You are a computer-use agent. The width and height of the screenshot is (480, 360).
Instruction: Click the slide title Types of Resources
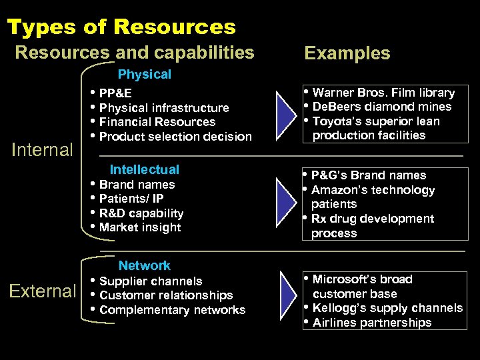click(x=121, y=27)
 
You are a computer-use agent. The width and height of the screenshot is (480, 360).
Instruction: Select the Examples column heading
click(x=347, y=53)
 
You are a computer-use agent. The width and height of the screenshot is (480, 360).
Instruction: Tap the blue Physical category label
click(x=144, y=75)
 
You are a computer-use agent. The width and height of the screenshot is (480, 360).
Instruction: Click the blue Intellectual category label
click(x=144, y=170)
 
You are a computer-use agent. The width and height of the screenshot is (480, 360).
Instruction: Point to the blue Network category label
click(x=144, y=266)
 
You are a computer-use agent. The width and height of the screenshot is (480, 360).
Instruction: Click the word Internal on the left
click(x=43, y=149)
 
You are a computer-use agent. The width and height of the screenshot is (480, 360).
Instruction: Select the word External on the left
click(x=43, y=291)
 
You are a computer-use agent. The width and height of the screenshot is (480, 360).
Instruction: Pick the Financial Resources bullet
click(x=157, y=122)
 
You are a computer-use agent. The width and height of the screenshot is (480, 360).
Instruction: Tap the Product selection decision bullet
click(x=175, y=137)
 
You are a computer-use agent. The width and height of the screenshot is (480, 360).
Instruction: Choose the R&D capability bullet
click(x=141, y=213)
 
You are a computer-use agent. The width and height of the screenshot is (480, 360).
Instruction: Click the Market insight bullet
click(x=139, y=227)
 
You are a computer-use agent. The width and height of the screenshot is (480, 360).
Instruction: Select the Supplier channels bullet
click(x=150, y=281)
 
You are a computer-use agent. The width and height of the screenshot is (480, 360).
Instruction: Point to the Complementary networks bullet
click(x=172, y=310)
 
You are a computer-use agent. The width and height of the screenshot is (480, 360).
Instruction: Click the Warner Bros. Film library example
click(x=383, y=93)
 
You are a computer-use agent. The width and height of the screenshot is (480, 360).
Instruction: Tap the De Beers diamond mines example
click(x=381, y=107)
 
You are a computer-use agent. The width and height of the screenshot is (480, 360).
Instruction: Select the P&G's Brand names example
click(x=369, y=175)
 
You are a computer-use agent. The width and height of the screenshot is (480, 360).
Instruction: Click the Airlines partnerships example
click(x=372, y=323)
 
